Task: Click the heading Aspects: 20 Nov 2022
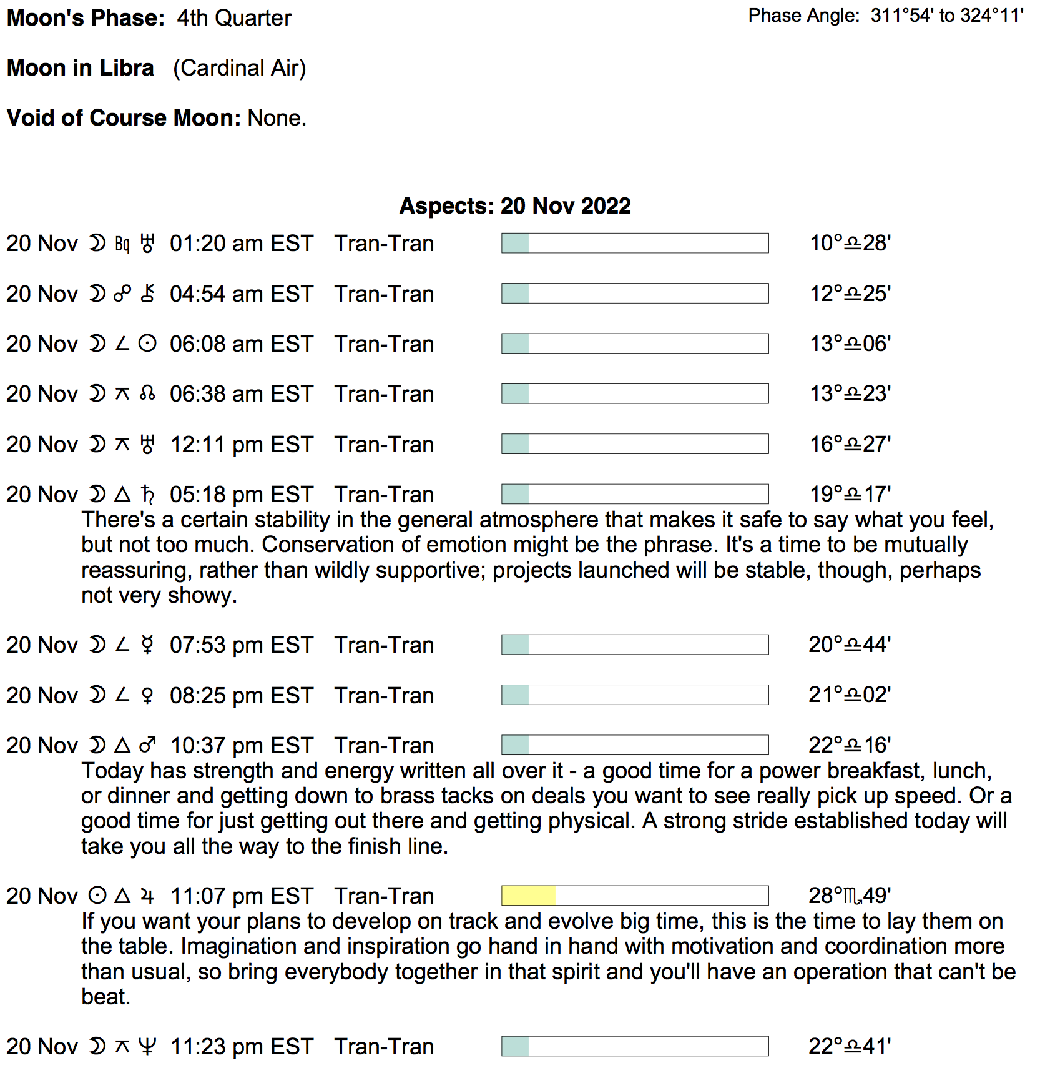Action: point(515,206)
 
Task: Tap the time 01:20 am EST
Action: point(241,244)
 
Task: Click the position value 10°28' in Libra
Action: point(850,244)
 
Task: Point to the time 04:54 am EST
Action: point(241,294)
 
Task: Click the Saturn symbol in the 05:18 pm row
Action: point(147,495)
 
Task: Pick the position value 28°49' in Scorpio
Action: point(849,896)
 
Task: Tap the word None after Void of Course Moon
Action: point(277,118)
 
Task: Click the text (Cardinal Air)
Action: point(240,68)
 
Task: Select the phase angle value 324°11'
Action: point(991,16)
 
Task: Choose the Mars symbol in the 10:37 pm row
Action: point(147,745)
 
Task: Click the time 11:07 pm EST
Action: point(242,896)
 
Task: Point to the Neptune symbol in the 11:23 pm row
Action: point(147,1046)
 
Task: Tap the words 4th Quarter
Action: point(234,18)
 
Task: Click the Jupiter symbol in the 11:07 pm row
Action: point(147,896)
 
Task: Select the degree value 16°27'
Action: point(850,444)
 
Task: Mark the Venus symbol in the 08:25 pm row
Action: point(147,695)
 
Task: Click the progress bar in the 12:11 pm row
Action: point(635,444)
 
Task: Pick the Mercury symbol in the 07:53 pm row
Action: point(147,645)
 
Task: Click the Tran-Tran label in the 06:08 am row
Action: point(384,344)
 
